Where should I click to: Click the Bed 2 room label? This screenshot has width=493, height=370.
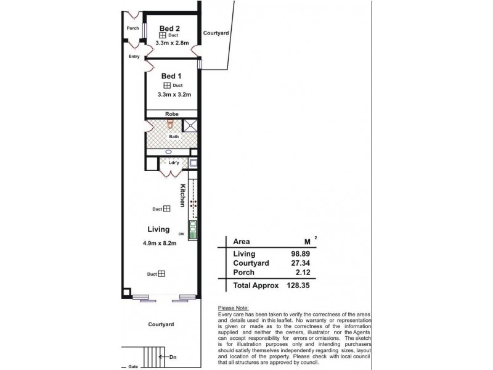pyautogui.click(x=169, y=28)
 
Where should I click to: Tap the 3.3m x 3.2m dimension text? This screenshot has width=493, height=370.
pyautogui.click(x=174, y=94)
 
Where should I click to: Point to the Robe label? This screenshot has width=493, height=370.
pyautogui.click(x=171, y=114)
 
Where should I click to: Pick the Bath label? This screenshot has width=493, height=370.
pyautogui.click(x=174, y=136)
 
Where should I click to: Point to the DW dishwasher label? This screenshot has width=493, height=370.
pyautogui.click(x=181, y=234)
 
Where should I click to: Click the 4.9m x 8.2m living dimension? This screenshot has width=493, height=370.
pyautogui.click(x=159, y=243)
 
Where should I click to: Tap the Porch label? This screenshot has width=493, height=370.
pyautogui.click(x=132, y=28)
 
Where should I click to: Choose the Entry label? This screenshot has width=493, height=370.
pyautogui.click(x=134, y=57)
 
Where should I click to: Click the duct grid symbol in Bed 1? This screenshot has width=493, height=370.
pyautogui.click(x=166, y=85)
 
